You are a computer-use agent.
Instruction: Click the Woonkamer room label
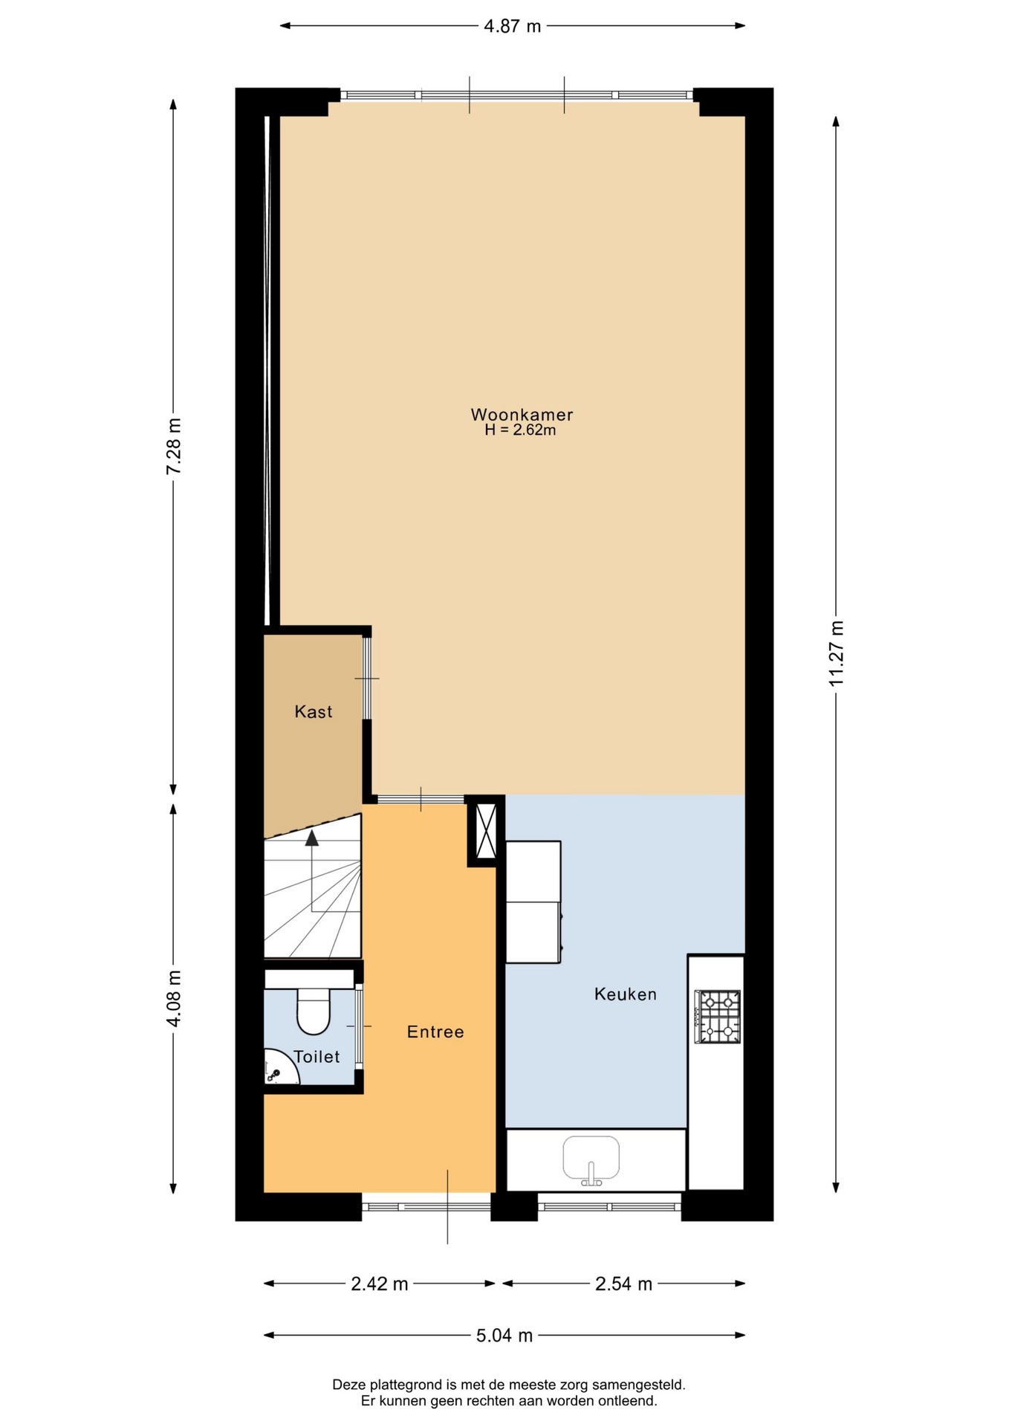coord(522,415)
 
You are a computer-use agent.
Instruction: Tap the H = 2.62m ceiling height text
coord(520,430)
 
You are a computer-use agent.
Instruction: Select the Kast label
coord(314,712)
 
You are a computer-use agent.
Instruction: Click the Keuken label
coord(626,994)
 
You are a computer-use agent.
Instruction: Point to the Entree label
coord(435,1032)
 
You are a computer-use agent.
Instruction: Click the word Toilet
coord(317,1057)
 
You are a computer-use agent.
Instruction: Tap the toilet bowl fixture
coord(314,1011)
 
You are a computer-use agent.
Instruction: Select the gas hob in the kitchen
coord(717,1017)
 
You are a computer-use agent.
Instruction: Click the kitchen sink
coord(591,1159)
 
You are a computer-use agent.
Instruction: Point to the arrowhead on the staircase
coord(312,838)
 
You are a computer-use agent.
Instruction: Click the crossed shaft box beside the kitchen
coord(486,831)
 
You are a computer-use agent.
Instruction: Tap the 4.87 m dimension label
coord(513,26)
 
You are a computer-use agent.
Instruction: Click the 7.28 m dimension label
coord(174,446)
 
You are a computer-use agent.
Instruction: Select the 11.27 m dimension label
coord(837,653)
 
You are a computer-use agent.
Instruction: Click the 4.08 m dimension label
coord(174,998)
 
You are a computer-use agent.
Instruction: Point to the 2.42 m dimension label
coord(380,1284)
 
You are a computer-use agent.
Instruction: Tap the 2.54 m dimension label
coord(624,1284)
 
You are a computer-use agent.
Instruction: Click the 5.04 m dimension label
coord(504,1336)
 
